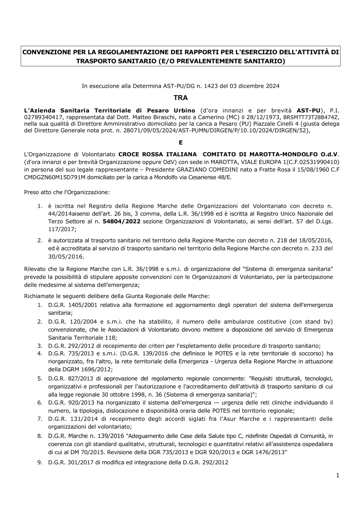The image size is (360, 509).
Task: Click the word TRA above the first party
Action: tap(181, 98)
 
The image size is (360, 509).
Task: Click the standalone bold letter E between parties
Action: tap(181, 143)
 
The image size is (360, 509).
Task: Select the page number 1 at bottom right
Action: tap(338, 476)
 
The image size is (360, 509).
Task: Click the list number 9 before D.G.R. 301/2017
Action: tap(39, 463)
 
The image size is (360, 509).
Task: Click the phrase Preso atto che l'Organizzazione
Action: tap(67, 192)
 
